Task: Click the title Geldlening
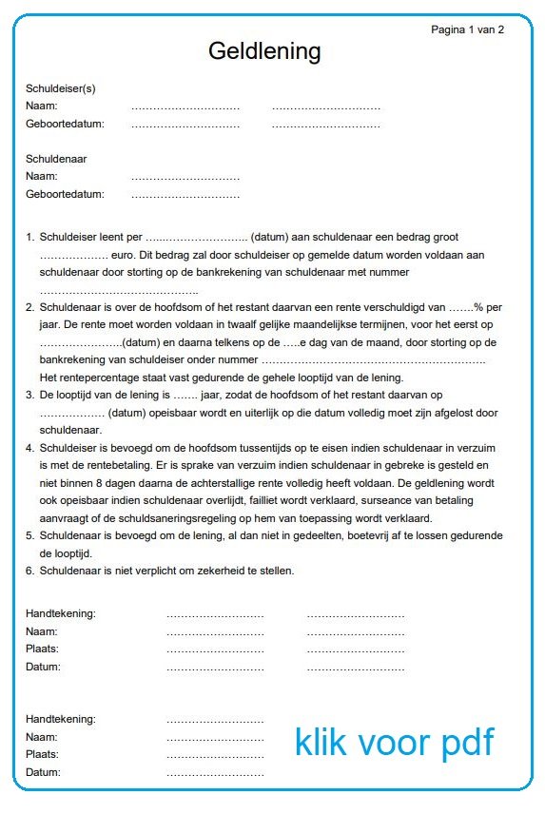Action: [x=264, y=50]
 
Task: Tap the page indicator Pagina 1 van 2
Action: [x=467, y=29]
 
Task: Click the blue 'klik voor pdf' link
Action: [x=394, y=742]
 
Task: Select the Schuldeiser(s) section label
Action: [x=61, y=88]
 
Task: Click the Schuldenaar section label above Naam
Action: [x=56, y=159]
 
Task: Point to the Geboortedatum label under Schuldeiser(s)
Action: [x=65, y=124]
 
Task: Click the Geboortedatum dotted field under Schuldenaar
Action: [x=185, y=195]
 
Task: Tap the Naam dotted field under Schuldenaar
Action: [x=185, y=177]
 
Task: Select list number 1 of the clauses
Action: [x=30, y=237]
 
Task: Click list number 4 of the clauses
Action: [x=30, y=448]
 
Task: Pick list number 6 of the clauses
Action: [x=30, y=571]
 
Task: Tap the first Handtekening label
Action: [x=61, y=613]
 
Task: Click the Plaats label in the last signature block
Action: [x=43, y=754]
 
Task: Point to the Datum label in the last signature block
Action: [x=43, y=772]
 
